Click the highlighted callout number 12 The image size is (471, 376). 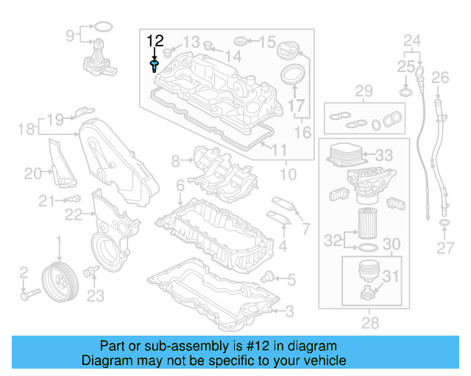[155, 40]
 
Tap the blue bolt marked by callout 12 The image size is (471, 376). [153, 67]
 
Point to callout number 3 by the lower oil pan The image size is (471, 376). [289, 311]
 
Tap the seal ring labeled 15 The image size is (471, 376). [239, 40]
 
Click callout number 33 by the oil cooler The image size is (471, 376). [383, 156]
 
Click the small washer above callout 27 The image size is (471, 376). [445, 223]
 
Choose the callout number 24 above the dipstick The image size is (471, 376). [412, 39]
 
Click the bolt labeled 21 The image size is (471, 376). [74, 199]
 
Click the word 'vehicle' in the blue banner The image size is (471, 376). [325, 361]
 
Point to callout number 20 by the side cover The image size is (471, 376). [33, 173]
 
